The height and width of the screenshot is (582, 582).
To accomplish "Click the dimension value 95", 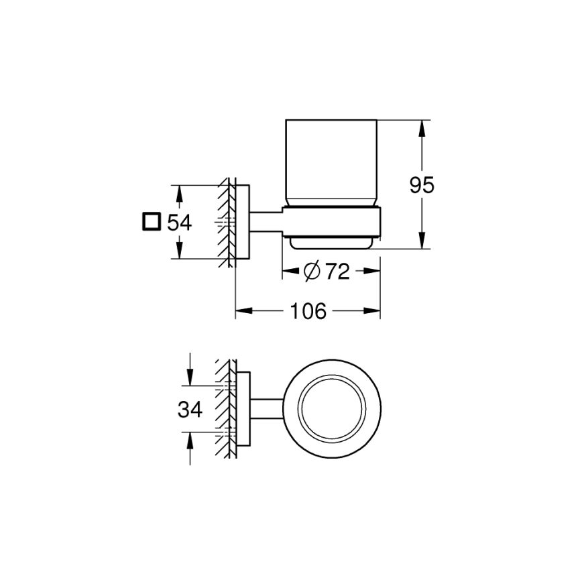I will point(422,184).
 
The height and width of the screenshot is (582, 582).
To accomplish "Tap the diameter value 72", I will point(337,272).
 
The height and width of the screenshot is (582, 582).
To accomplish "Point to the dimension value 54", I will point(179,222).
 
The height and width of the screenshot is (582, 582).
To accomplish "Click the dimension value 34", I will point(190,409).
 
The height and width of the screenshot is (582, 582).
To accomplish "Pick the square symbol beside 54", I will point(152,222).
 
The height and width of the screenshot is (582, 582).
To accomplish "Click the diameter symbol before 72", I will point(312,272).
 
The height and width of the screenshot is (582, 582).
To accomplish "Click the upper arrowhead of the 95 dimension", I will point(422,127).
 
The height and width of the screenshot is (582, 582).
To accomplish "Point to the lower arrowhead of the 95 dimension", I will point(422,243).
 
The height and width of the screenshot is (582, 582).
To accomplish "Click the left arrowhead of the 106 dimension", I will point(241,311).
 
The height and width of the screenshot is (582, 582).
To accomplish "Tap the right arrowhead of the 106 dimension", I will point(373,311).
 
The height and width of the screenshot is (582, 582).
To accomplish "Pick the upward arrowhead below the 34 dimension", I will point(190,439).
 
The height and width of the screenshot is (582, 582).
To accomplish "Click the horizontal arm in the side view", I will point(266,222).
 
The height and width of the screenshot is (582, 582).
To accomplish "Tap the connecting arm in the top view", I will point(267,409).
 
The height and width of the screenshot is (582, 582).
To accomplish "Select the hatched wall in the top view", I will point(225,409).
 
